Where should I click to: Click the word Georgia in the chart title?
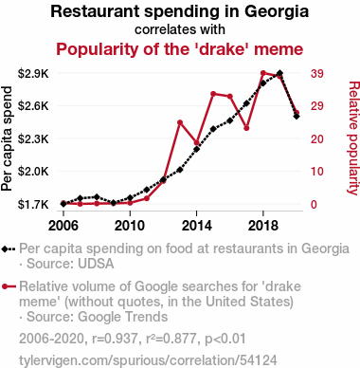[x=277, y=12]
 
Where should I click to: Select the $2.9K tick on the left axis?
[x=33, y=74]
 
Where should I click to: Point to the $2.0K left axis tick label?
[x=33, y=172]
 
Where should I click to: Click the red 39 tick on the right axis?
[x=316, y=74]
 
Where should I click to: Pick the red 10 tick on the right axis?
[x=316, y=172]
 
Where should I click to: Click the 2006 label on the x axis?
[x=63, y=226]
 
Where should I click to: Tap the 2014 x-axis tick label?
[x=197, y=226]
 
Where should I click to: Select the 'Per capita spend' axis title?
[x=7, y=138]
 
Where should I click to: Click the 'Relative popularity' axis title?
[x=353, y=138]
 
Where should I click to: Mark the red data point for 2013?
[x=180, y=122]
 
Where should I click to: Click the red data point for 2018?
[x=263, y=73]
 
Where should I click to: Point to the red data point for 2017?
[x=246, y=128]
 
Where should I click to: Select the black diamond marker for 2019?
[x=279, y=73]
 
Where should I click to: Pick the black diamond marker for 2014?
[x=196, y=149]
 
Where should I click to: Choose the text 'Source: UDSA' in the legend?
[x=70, y=264]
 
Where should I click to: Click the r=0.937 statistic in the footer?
[x=115, y=339]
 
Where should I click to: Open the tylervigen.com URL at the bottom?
[x=148, y=360]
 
